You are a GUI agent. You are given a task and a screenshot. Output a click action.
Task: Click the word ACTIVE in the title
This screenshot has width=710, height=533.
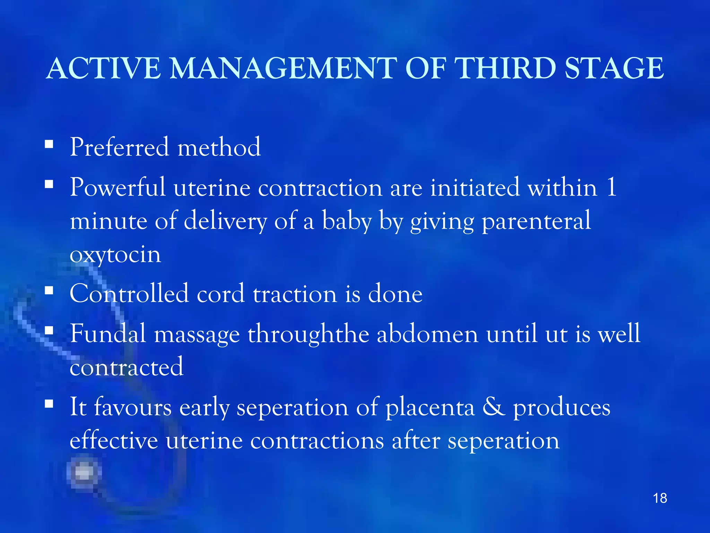103,68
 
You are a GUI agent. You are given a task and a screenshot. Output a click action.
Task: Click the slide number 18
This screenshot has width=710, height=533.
660,498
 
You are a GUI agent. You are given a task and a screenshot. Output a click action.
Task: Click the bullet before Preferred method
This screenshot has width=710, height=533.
49,144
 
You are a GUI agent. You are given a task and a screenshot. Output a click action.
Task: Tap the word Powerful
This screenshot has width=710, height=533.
118,187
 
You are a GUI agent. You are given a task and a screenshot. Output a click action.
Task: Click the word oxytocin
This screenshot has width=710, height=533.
115,255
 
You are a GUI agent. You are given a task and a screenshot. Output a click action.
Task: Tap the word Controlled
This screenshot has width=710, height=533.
129,294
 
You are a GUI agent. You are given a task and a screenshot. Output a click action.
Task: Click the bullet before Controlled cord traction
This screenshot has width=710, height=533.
49,290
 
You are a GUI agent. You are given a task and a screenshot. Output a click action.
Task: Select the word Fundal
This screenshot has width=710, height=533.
108,333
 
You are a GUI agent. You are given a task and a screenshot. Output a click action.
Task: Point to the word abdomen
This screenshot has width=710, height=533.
427,333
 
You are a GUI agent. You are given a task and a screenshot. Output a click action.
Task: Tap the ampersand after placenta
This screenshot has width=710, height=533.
494,407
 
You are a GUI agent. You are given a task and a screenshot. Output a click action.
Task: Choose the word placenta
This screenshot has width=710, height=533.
430,408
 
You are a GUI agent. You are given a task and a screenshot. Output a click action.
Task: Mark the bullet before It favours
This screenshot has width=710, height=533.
49,404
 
